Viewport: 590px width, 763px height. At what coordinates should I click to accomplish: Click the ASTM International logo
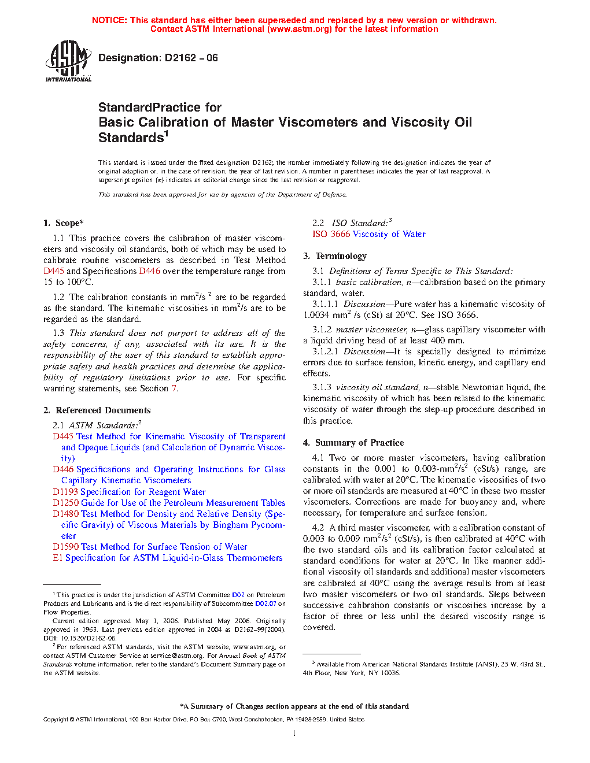click(x=68, y=61)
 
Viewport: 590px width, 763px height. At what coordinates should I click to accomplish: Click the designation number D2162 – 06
click(x=191, y=58)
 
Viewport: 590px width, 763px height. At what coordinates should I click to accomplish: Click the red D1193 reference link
click(x=65, y=492)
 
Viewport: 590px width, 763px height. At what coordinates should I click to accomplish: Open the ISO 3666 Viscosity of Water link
click(x=369, y=234)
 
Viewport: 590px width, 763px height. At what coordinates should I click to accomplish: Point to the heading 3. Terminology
click(x=335, y=256)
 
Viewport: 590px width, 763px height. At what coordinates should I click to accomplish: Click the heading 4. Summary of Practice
click(x=353, y=443)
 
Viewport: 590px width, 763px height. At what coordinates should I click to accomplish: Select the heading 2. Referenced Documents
click(x=97, y=410)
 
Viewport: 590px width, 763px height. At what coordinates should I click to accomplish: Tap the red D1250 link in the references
click(x=65, y=503)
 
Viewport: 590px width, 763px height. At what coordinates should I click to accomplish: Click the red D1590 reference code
click(x=65, y=547)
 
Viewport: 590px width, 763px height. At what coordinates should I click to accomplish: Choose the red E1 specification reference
click(x=57, y=558)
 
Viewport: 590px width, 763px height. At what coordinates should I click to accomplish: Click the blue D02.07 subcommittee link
click(x=265, y=603)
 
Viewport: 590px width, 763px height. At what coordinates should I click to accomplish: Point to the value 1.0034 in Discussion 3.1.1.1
click(x=316, y=315)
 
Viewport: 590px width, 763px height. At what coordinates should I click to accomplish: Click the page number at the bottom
click(x=294, y=734)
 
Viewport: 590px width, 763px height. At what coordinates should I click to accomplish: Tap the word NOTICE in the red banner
click(x=109, y=20)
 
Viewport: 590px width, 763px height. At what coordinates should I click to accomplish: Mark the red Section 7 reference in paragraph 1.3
click(x=174, y=388)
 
